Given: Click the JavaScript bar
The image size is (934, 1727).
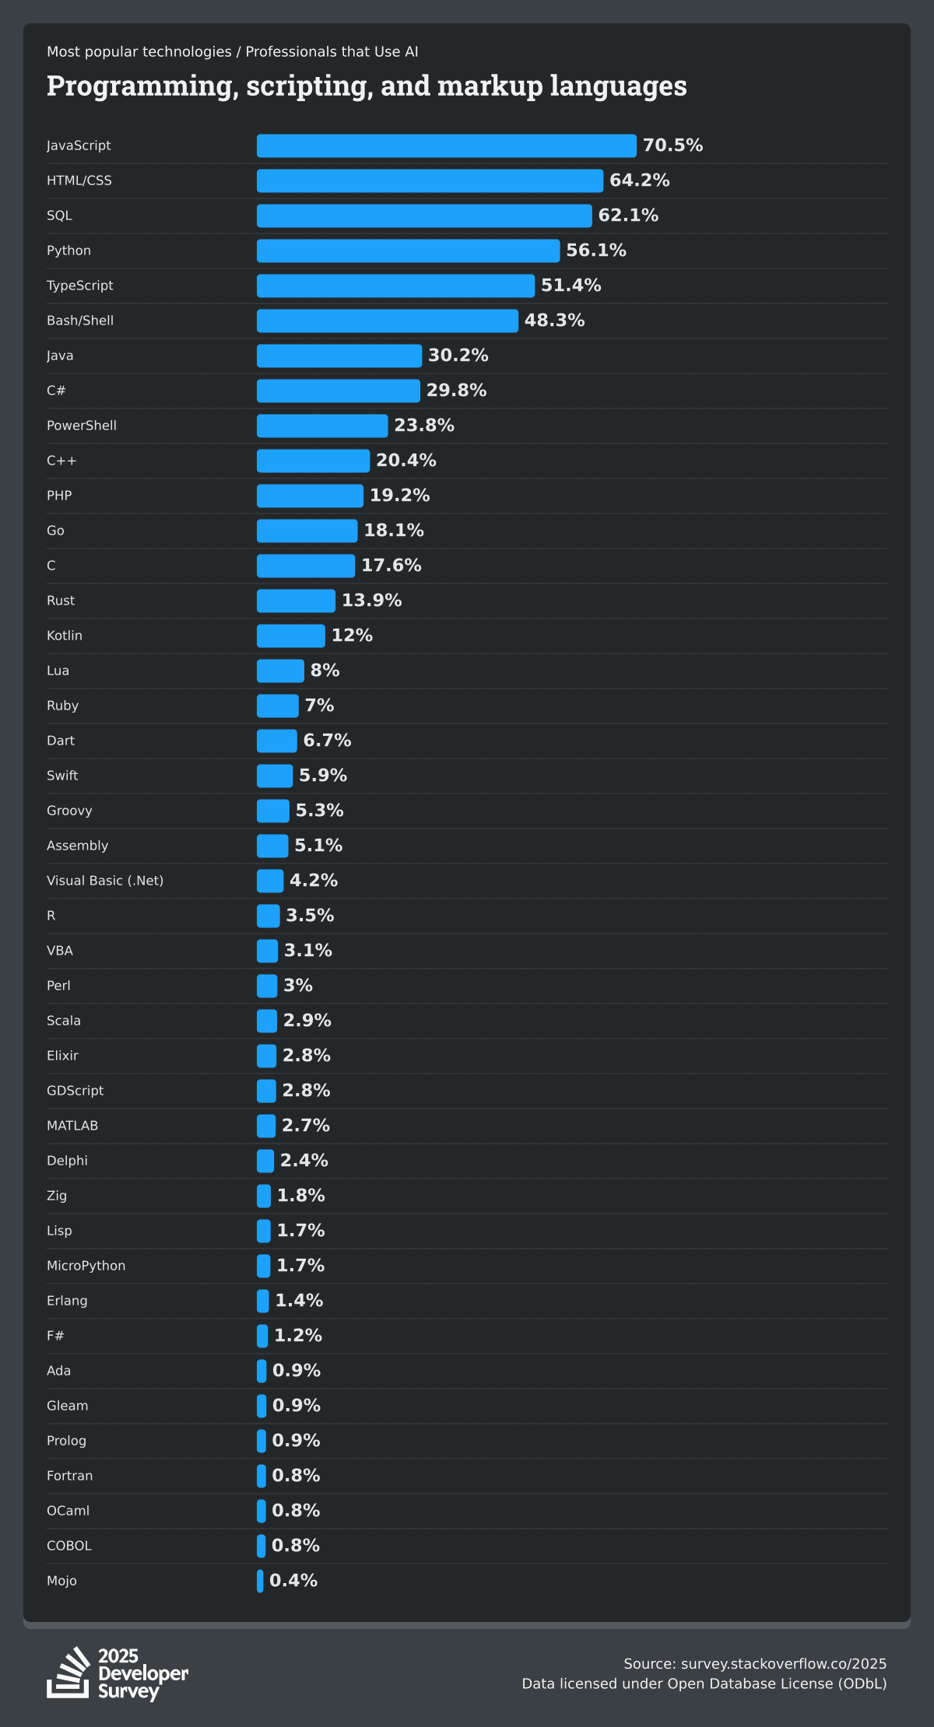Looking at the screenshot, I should coord(446,145).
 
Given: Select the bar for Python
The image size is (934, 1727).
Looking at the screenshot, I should coord(408,250).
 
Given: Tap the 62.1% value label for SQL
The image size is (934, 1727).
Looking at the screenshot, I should coord(628,215).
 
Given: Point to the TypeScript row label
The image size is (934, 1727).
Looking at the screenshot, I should coord(80,285).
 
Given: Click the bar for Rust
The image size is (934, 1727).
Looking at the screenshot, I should coord(296,601).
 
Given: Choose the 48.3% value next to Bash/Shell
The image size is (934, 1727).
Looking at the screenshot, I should coord(554,321).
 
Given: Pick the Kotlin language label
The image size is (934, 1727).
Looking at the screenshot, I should coord(65,636).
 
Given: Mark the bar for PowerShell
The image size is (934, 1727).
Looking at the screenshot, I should coord(322,426).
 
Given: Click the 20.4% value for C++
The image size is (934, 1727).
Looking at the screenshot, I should coord(406,461).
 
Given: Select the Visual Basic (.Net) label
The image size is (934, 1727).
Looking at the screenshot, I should coord(105,881).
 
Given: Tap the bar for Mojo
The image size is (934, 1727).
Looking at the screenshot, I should coord(260,1581).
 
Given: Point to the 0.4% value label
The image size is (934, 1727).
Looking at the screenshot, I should coord(293,1581).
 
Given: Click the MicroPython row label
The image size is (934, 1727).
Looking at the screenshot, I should coord(86,1266).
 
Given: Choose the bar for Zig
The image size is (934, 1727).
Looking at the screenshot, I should coord(264,1196).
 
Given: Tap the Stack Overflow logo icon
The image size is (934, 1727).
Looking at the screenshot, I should coord(68,1672).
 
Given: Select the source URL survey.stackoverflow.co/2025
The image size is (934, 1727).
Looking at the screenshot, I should coord(783,1664).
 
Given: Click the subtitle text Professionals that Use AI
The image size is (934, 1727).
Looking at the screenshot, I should coord(332,52).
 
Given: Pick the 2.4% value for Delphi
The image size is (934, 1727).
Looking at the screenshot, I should coord(304,1161).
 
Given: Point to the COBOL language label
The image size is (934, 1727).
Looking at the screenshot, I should coord(69,1546).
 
